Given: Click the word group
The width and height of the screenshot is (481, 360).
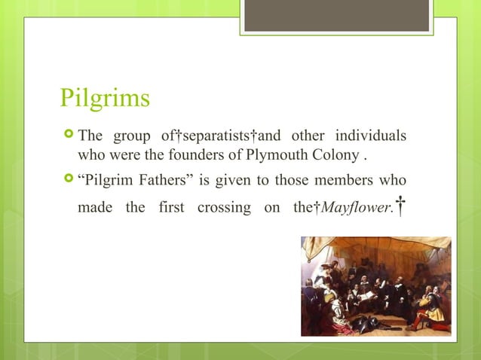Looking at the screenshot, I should (130, 136).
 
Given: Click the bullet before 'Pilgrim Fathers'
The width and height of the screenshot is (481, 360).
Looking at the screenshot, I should (68, 182).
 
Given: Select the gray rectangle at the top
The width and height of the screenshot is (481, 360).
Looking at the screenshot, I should (336, 15).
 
